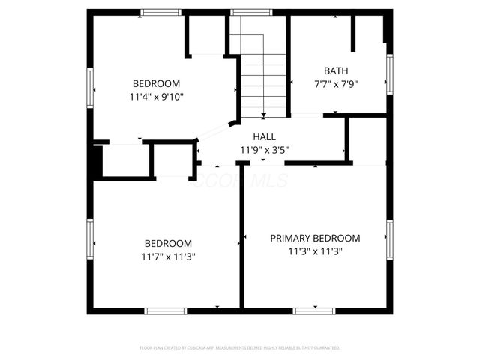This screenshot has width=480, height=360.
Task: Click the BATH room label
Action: [336, 71]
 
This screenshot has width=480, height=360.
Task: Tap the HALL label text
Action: [264, 137]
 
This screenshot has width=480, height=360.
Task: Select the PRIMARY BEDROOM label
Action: [315, 238]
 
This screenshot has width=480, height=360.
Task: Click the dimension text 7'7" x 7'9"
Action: [336, 84]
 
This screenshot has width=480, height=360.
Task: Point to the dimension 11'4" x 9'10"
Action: [157, 96]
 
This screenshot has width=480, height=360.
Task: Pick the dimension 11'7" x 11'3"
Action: [168, 256]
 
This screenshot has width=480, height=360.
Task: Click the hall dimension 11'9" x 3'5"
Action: [264, 150]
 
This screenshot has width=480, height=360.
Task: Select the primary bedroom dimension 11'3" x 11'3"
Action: [315, 251]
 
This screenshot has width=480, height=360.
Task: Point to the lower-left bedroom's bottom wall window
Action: [166, 310]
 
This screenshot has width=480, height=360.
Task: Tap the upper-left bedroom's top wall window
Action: [161, 12]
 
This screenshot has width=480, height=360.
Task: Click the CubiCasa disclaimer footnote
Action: [240, 348]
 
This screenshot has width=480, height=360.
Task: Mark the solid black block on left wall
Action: [95, 161]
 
